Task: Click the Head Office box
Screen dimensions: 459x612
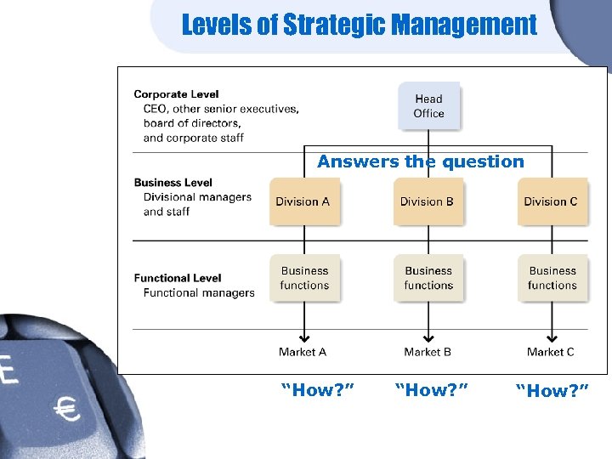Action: point(428,106)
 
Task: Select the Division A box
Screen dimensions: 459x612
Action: point(303,201)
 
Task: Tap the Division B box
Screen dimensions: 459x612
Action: point(428,201)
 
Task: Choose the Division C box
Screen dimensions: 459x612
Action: point(551,201)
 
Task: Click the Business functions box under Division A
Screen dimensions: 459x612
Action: point(304,278)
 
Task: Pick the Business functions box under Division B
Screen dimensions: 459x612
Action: point(428,278)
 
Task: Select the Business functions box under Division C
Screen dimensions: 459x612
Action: point(552,278)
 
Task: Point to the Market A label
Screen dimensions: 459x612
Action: point(303,352)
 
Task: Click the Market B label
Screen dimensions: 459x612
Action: point(428,352)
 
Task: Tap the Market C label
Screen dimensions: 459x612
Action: point(551,352)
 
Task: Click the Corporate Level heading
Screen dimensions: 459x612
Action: point(176,94)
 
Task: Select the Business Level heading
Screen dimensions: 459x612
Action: point(173,182)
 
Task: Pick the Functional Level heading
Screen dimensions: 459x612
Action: point(178,278)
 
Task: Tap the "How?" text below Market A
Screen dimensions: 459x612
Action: point(318,390)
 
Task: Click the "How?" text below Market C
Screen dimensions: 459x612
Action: point(552,390)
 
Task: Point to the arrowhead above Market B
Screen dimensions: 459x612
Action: point(428,337)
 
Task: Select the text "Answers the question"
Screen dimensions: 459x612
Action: point(421,161)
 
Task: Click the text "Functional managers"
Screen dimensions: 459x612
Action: point(199,293)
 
